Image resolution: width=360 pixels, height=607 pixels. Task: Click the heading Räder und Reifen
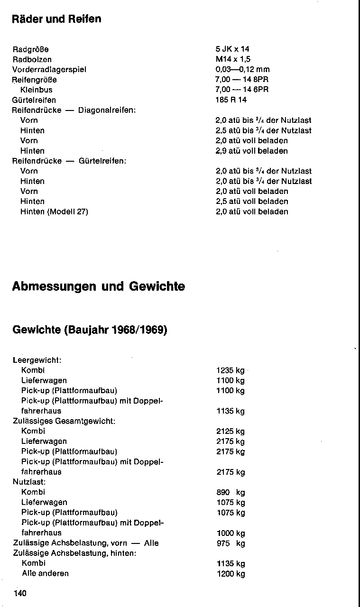pyautogui.click(x=56, y=19)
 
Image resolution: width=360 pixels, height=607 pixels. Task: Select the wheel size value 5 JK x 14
pyautogui.click(x=232, y=49)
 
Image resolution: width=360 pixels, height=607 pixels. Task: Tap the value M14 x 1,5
pyautogui.click(x=233, y=59)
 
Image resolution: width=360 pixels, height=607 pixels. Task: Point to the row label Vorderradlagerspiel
pyautogui.click(x=49, y=70)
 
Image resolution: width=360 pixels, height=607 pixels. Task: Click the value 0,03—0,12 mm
pyautogui.click(x=242, y=70)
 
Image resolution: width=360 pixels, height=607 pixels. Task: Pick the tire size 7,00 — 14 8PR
pyautogui.click(x=242, y=80)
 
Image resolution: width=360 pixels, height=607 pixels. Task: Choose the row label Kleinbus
pyautogui.click(x=37, y=90)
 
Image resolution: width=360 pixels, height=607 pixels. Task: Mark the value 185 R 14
pyautogui.click(x=231, y=100)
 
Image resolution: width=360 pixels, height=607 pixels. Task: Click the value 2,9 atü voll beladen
pyautogui.click(x=251, y=151)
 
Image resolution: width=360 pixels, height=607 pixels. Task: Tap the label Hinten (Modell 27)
pyautogui.click(x=54, y=212)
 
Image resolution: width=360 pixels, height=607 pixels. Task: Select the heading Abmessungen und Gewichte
pyautogui.click(x=99, y=287)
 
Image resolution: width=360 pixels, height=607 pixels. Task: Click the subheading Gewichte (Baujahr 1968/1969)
pyautogui.click(x=90, y=330)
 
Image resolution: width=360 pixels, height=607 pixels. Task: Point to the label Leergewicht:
pyautogui.click(x=37, y=360)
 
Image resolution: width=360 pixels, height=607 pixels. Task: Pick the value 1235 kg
pyautogui.click(x=231, y=370)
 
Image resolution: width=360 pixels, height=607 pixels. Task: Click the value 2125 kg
pyautogui.click(x=231, y=432)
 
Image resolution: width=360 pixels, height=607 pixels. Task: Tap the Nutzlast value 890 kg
pyautogui.click(x=231, y=492)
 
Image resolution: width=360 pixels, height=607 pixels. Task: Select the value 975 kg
pyautogui.click(x=231, y=543)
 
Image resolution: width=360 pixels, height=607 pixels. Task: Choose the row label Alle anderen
pyautogui.click(x=45, y=573)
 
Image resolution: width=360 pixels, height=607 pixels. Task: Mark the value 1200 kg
pyautogui.click(x=231, y=574)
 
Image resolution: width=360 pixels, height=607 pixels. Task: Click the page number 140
pyautogui.click(x=20, y=593)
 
